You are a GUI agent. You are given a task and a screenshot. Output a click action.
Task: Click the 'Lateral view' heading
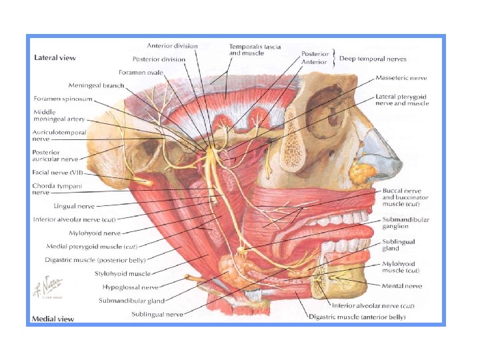[x=55, y=58]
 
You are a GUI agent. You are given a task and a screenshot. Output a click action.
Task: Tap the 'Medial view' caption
[x=53, y=319]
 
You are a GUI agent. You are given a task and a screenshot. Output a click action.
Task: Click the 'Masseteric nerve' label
[x=401, y=78]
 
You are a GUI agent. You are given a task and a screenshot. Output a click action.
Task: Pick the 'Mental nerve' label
[x=402, y=286]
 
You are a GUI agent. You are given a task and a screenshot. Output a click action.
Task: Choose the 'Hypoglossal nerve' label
[x=131, y=287]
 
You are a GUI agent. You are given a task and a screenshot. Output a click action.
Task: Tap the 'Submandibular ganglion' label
[x=405, y=223]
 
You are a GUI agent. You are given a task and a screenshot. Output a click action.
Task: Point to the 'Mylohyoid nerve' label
[x=95, y=233]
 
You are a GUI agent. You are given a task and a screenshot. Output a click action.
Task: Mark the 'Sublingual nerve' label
[x=157, y=314]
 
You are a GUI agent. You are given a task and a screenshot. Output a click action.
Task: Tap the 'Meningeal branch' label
[x=96, y=85]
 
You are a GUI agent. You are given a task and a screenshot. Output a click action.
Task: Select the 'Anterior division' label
[x=172, y=46]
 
